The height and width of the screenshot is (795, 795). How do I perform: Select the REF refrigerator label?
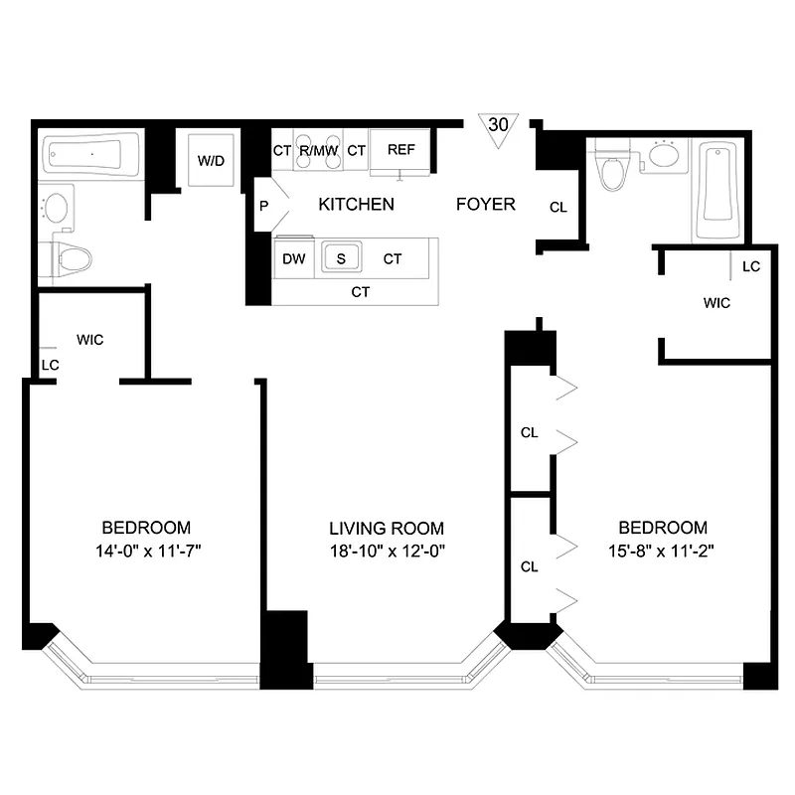pos(400,150)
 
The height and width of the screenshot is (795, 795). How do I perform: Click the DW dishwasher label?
pos(293,258)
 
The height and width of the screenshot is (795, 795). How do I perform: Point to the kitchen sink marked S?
pos(341,258)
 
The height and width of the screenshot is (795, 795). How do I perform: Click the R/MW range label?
pos(319,150)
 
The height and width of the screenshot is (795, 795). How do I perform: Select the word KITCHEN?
pos(356,205)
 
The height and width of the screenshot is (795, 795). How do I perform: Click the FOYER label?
pos(485,205)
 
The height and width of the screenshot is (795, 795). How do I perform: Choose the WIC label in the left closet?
pos(89,340)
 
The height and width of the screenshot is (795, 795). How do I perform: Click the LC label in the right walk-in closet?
pos(750,266)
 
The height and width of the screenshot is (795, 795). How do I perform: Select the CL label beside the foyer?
pos(557,208)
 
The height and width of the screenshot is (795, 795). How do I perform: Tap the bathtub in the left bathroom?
pos(90,156)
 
